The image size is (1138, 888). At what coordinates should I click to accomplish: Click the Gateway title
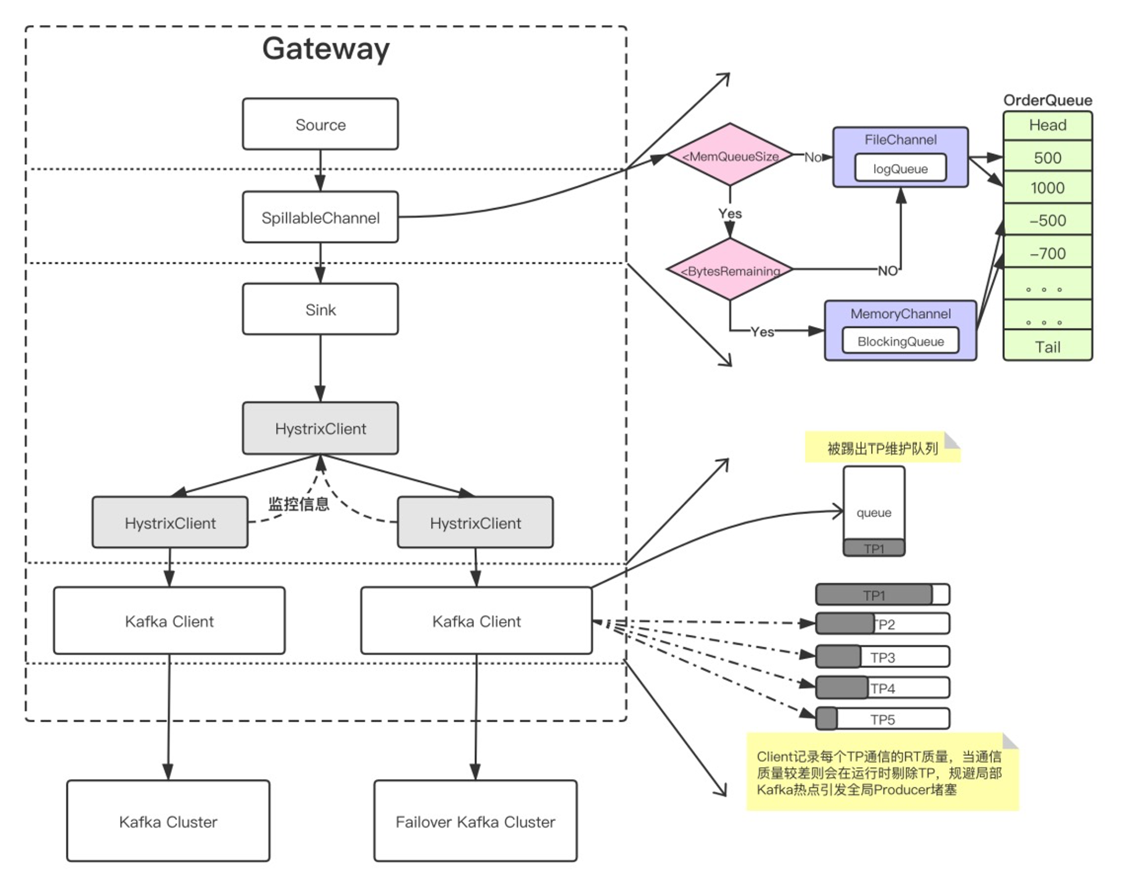326,49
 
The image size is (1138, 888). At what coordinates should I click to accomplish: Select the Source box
320,124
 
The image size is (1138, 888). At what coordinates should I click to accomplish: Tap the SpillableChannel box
320,217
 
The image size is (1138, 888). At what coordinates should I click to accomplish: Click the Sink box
320,309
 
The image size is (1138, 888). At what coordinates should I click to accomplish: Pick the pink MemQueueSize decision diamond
730,155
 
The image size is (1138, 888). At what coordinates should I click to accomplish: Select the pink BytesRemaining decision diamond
730,270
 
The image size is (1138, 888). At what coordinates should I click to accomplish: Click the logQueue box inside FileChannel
900,168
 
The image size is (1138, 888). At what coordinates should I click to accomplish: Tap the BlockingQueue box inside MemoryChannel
900,341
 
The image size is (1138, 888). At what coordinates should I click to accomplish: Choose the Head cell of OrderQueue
1048,125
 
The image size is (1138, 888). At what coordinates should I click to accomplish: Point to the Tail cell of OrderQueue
1048,346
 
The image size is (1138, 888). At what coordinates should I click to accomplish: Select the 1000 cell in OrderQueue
1048,187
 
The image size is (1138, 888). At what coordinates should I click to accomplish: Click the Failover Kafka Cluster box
475,821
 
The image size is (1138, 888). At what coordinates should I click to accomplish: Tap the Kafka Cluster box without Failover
168,821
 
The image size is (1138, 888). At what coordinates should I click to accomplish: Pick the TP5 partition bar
882,719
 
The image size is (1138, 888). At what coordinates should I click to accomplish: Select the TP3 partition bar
882,657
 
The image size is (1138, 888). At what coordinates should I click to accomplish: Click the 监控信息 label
299,504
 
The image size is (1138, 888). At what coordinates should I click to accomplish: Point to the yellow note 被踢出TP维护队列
882,448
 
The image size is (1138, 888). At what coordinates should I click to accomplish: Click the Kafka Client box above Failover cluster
476,621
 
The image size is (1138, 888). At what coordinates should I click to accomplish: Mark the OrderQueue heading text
1048,100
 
